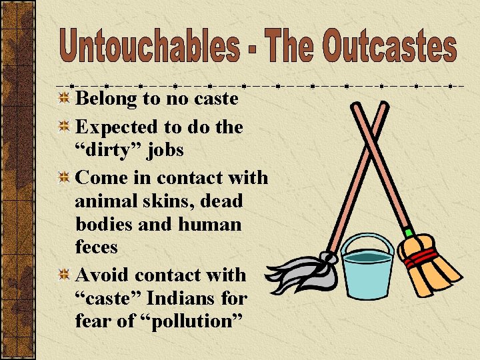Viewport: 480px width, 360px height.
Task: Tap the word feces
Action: point(97,247)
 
